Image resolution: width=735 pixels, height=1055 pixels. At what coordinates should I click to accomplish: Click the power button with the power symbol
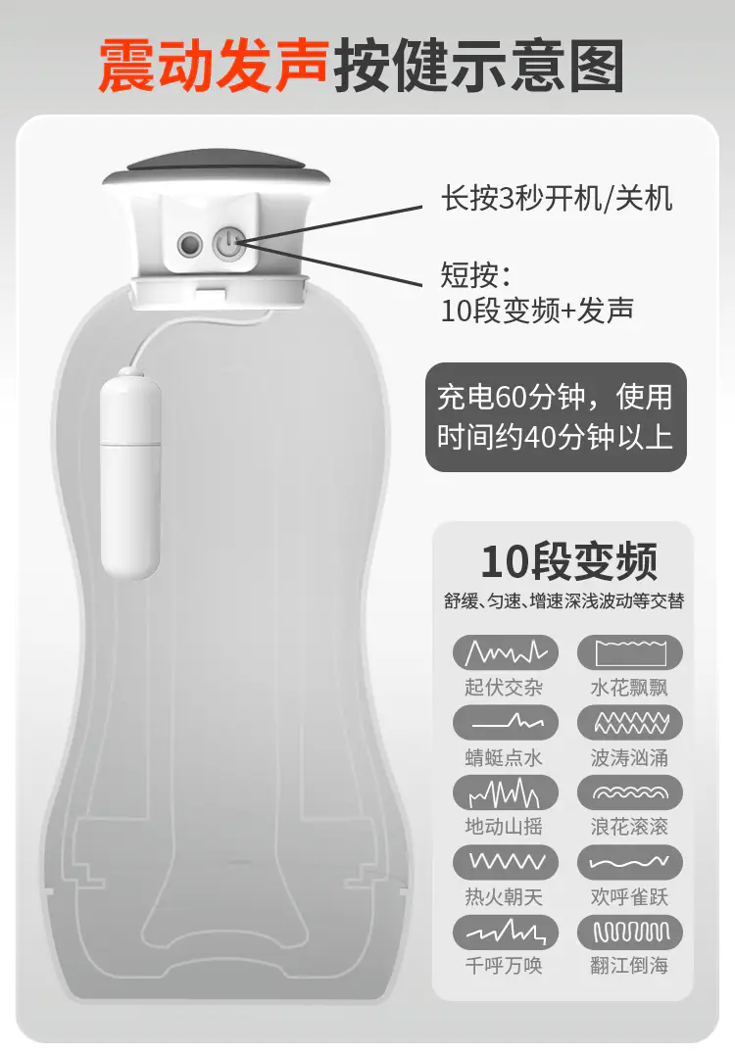229,243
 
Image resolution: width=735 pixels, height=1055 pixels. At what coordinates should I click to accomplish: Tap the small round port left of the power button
190,244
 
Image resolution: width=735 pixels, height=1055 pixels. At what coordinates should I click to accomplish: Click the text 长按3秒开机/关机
557,199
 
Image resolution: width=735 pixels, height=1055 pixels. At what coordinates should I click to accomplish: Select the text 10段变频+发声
537,311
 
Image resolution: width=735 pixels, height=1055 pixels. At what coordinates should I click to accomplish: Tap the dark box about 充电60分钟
556,417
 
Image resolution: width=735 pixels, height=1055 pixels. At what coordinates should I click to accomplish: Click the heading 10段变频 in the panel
568,561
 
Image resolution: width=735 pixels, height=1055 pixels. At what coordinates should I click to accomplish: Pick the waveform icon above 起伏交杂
505,652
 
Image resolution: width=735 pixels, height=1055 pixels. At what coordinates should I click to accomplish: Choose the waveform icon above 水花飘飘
630,652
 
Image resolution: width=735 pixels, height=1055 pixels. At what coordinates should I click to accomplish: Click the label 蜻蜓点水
504,757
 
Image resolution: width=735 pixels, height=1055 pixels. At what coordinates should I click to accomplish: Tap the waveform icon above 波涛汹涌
630,723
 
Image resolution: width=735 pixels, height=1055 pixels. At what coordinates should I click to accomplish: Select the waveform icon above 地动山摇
505,792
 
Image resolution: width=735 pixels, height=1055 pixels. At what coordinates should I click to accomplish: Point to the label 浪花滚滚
629,826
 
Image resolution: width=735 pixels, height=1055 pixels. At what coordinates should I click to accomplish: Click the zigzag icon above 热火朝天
505,862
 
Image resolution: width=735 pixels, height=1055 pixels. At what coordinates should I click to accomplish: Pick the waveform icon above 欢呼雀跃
630,862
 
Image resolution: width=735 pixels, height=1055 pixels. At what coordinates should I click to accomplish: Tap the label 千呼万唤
504,966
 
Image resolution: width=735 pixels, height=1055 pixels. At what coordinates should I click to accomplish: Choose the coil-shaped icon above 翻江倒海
630,933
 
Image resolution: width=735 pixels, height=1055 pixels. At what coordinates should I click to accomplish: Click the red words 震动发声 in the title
214,66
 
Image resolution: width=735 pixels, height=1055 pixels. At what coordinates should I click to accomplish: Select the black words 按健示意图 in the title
478,66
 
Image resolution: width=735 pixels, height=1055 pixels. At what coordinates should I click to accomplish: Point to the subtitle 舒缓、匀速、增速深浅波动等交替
564,600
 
